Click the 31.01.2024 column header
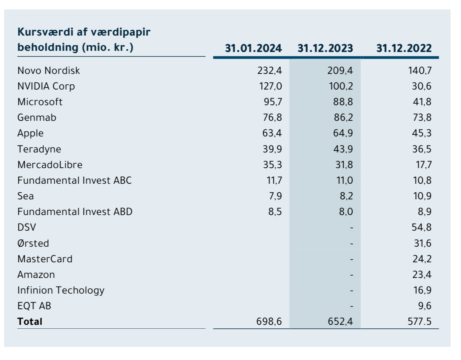pos(253,48)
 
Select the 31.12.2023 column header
pos(325,48)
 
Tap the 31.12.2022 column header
pos(404,48)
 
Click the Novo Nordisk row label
pos(48,70)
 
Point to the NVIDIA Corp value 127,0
pos(271,86)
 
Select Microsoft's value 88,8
pos(341,102)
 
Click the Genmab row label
pos(37,118)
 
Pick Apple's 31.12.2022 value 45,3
pos(422,133)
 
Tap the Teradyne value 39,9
pos(272,149)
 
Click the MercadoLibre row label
pos(50,165)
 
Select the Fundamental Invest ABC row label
pos(75,180)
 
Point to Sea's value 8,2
pos(346,196)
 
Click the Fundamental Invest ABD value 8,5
pos(275,211)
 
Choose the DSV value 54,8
pos(422,227)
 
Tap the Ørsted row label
pos(33,243)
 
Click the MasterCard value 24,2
pos(422,259)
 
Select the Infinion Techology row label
pos(61,290)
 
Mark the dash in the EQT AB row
pos(352,306)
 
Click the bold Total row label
pos(30,322)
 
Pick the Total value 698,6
pos(269,322)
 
